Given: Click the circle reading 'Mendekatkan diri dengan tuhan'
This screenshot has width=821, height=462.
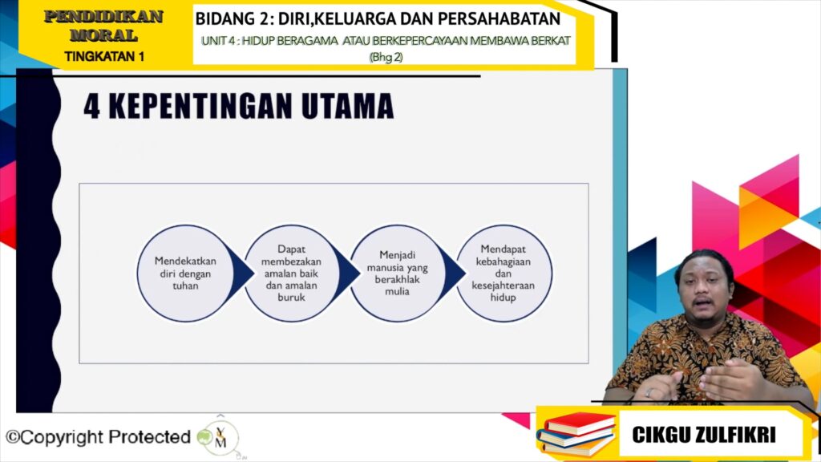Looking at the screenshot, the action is point(185,273).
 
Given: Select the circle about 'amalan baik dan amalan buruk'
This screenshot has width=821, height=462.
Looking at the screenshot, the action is point(292,273).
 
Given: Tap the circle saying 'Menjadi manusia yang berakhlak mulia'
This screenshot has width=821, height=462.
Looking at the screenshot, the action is point(398,273).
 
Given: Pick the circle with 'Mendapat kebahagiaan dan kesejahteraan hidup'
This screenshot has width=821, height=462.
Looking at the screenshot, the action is point(504,273).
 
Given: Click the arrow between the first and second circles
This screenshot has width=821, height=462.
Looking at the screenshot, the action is point(241,273).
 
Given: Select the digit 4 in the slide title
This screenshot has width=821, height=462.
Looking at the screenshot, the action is point(91,107).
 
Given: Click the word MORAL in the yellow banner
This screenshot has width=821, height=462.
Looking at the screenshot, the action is point(103,35).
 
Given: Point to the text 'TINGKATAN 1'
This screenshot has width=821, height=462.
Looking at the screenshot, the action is point(104,56).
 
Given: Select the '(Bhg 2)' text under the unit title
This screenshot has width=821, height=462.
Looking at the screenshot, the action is point(386,57).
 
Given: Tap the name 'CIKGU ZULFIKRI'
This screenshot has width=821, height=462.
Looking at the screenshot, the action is point(704,435).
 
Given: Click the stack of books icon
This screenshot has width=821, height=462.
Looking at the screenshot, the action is point(576,434).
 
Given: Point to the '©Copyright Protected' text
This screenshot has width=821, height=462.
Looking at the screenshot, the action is point(98,437).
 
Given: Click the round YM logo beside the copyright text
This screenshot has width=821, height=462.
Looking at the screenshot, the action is point(220,438).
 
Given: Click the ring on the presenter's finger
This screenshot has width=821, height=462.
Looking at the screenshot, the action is point(649,391).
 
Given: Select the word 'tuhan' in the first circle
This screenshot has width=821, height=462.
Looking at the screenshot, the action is point(185,286).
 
